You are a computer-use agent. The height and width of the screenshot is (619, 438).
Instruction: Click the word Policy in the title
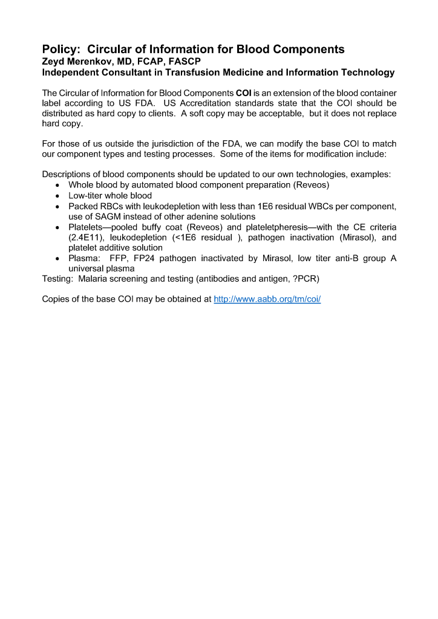[x=61, y=49]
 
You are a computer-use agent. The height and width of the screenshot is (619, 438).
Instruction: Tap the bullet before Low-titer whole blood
[x=57, y=196]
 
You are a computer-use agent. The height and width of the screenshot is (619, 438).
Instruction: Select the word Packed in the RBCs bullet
[x=82, y=206]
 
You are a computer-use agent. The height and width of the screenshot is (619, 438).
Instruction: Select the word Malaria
[x=94, y=279]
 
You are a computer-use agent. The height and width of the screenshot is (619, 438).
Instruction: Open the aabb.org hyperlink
[x=267, y=299]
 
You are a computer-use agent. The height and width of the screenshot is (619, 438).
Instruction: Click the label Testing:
[x=57, y=279]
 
